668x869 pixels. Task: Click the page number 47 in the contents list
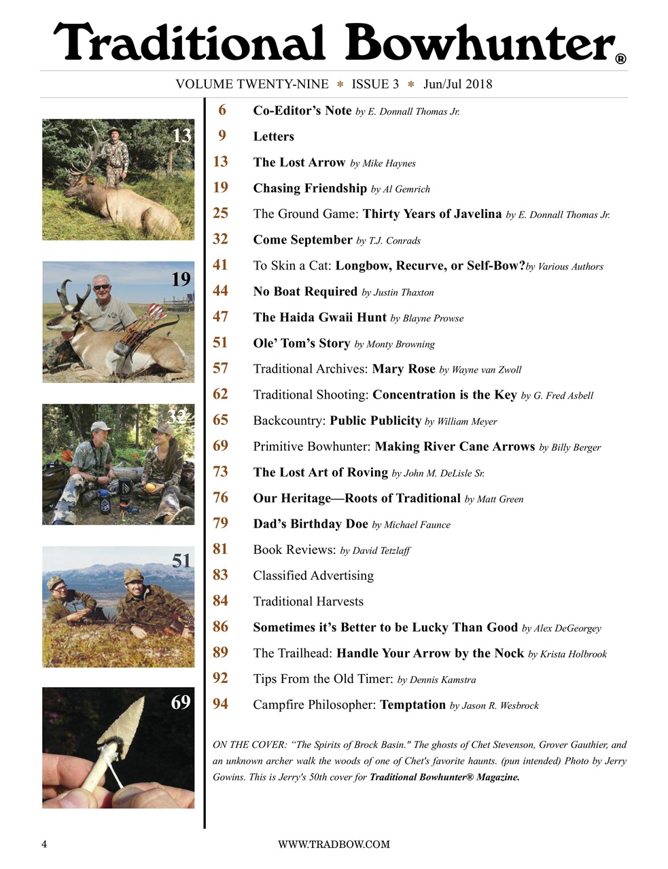point(220,317)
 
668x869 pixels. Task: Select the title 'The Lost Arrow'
point(299,162)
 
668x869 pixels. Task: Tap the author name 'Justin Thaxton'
point(403,293)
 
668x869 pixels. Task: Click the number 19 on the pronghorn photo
point(180,279)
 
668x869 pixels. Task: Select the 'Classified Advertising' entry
point(313,576)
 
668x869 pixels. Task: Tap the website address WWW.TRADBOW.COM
point(334,844)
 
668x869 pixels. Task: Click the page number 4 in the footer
point(44,844)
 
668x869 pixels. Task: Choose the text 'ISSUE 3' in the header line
point(375,84)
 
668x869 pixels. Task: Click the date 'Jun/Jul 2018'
point(457,84)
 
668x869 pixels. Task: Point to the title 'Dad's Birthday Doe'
point(311,524)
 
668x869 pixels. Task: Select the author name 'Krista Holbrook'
point(573,654)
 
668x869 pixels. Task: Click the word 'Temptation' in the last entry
point(412,705)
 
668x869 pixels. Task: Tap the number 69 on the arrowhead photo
point(180,702)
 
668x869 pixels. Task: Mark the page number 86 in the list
point(220,627)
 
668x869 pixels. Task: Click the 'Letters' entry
point(273,136)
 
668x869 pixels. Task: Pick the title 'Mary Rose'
point(404,369)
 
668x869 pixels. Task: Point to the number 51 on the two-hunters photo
point(181,561)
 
